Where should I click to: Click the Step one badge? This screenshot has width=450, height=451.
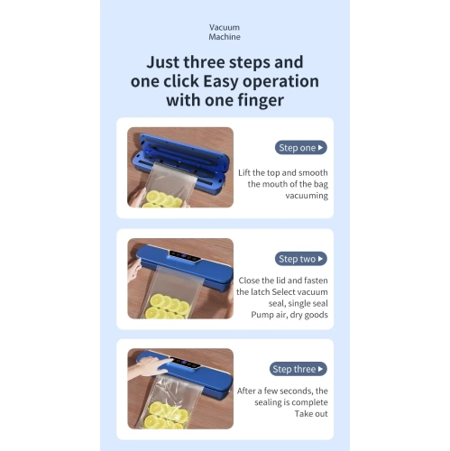tap(299, 147)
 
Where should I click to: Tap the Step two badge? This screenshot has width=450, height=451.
tap(299, 259)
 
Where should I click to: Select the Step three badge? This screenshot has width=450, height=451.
tap(298, 369)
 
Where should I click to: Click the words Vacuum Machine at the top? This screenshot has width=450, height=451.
tap(225, 33)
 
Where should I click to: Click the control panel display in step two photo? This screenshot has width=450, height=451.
tap(186, 256)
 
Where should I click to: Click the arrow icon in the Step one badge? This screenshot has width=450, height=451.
tap(320, 147)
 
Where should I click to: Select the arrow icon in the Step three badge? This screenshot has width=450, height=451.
tap(322, 369)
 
